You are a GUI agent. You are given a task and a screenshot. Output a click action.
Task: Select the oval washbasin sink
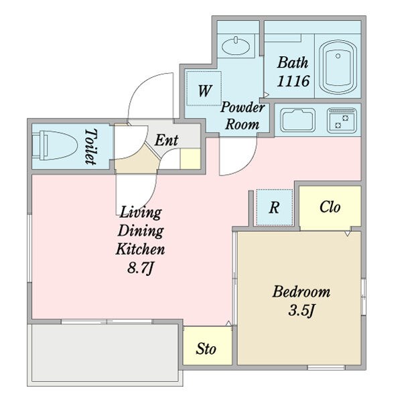tap(236, 46)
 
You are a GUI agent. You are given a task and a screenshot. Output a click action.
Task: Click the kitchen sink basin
tap(298, 120)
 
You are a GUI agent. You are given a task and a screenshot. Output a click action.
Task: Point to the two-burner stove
tap(342, 120)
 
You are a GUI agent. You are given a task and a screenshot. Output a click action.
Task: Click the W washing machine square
tap(204, 88)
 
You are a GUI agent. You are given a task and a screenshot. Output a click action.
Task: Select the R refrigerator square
tap(274, 208)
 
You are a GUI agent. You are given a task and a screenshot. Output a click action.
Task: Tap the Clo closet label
tap(330, 206)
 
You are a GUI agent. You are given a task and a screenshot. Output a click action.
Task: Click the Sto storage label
tap(206, 348)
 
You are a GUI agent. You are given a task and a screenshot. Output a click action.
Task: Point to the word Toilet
tap(91, 146)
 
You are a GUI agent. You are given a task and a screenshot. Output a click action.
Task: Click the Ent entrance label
tap(166, 140)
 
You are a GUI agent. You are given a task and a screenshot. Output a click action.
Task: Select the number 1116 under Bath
tap(293, 81)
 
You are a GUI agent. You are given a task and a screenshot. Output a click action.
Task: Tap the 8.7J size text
tap(140, 269)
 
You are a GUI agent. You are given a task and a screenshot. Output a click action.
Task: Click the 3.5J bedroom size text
tap(301, 310)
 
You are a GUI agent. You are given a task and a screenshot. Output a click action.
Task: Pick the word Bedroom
tap(301, 291)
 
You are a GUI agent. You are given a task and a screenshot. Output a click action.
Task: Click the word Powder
tap(243, 107)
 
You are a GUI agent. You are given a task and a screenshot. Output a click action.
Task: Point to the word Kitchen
tap(140, 249)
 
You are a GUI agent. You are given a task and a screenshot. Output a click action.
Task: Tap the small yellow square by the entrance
tap(190, 159)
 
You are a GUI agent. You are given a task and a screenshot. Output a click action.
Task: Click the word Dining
tap(141, 230)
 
